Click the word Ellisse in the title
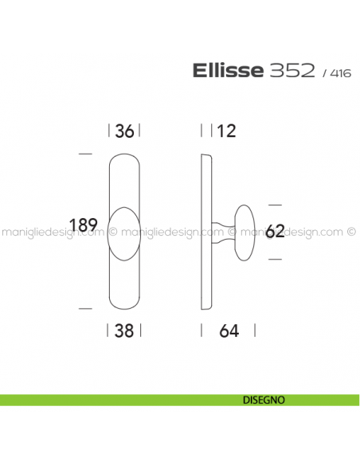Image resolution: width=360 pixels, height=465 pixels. click(x=227, y=71)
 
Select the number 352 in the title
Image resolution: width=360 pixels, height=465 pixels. click(x=291, y=71)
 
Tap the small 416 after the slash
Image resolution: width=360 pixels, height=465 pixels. click(x=339, y=73)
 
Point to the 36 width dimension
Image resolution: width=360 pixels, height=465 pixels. click(x=124, y=131)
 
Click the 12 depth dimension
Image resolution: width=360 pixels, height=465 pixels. click(x=226, y=131)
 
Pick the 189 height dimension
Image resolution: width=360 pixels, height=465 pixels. click(x=84, y=225)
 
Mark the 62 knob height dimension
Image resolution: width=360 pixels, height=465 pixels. click(x=275, y=232)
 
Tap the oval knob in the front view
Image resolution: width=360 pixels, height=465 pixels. click(x=124, y=234)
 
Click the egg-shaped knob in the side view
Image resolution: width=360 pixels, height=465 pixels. click(x=245, y=232)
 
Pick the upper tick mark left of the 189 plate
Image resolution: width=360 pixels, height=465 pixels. click(x=85, y=154)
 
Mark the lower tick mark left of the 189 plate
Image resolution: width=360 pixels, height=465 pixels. click(x=85, y=307)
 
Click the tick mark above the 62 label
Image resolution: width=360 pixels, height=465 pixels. click(x=275, y=205)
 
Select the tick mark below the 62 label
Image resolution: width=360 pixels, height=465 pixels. click(x=275, y=260)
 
